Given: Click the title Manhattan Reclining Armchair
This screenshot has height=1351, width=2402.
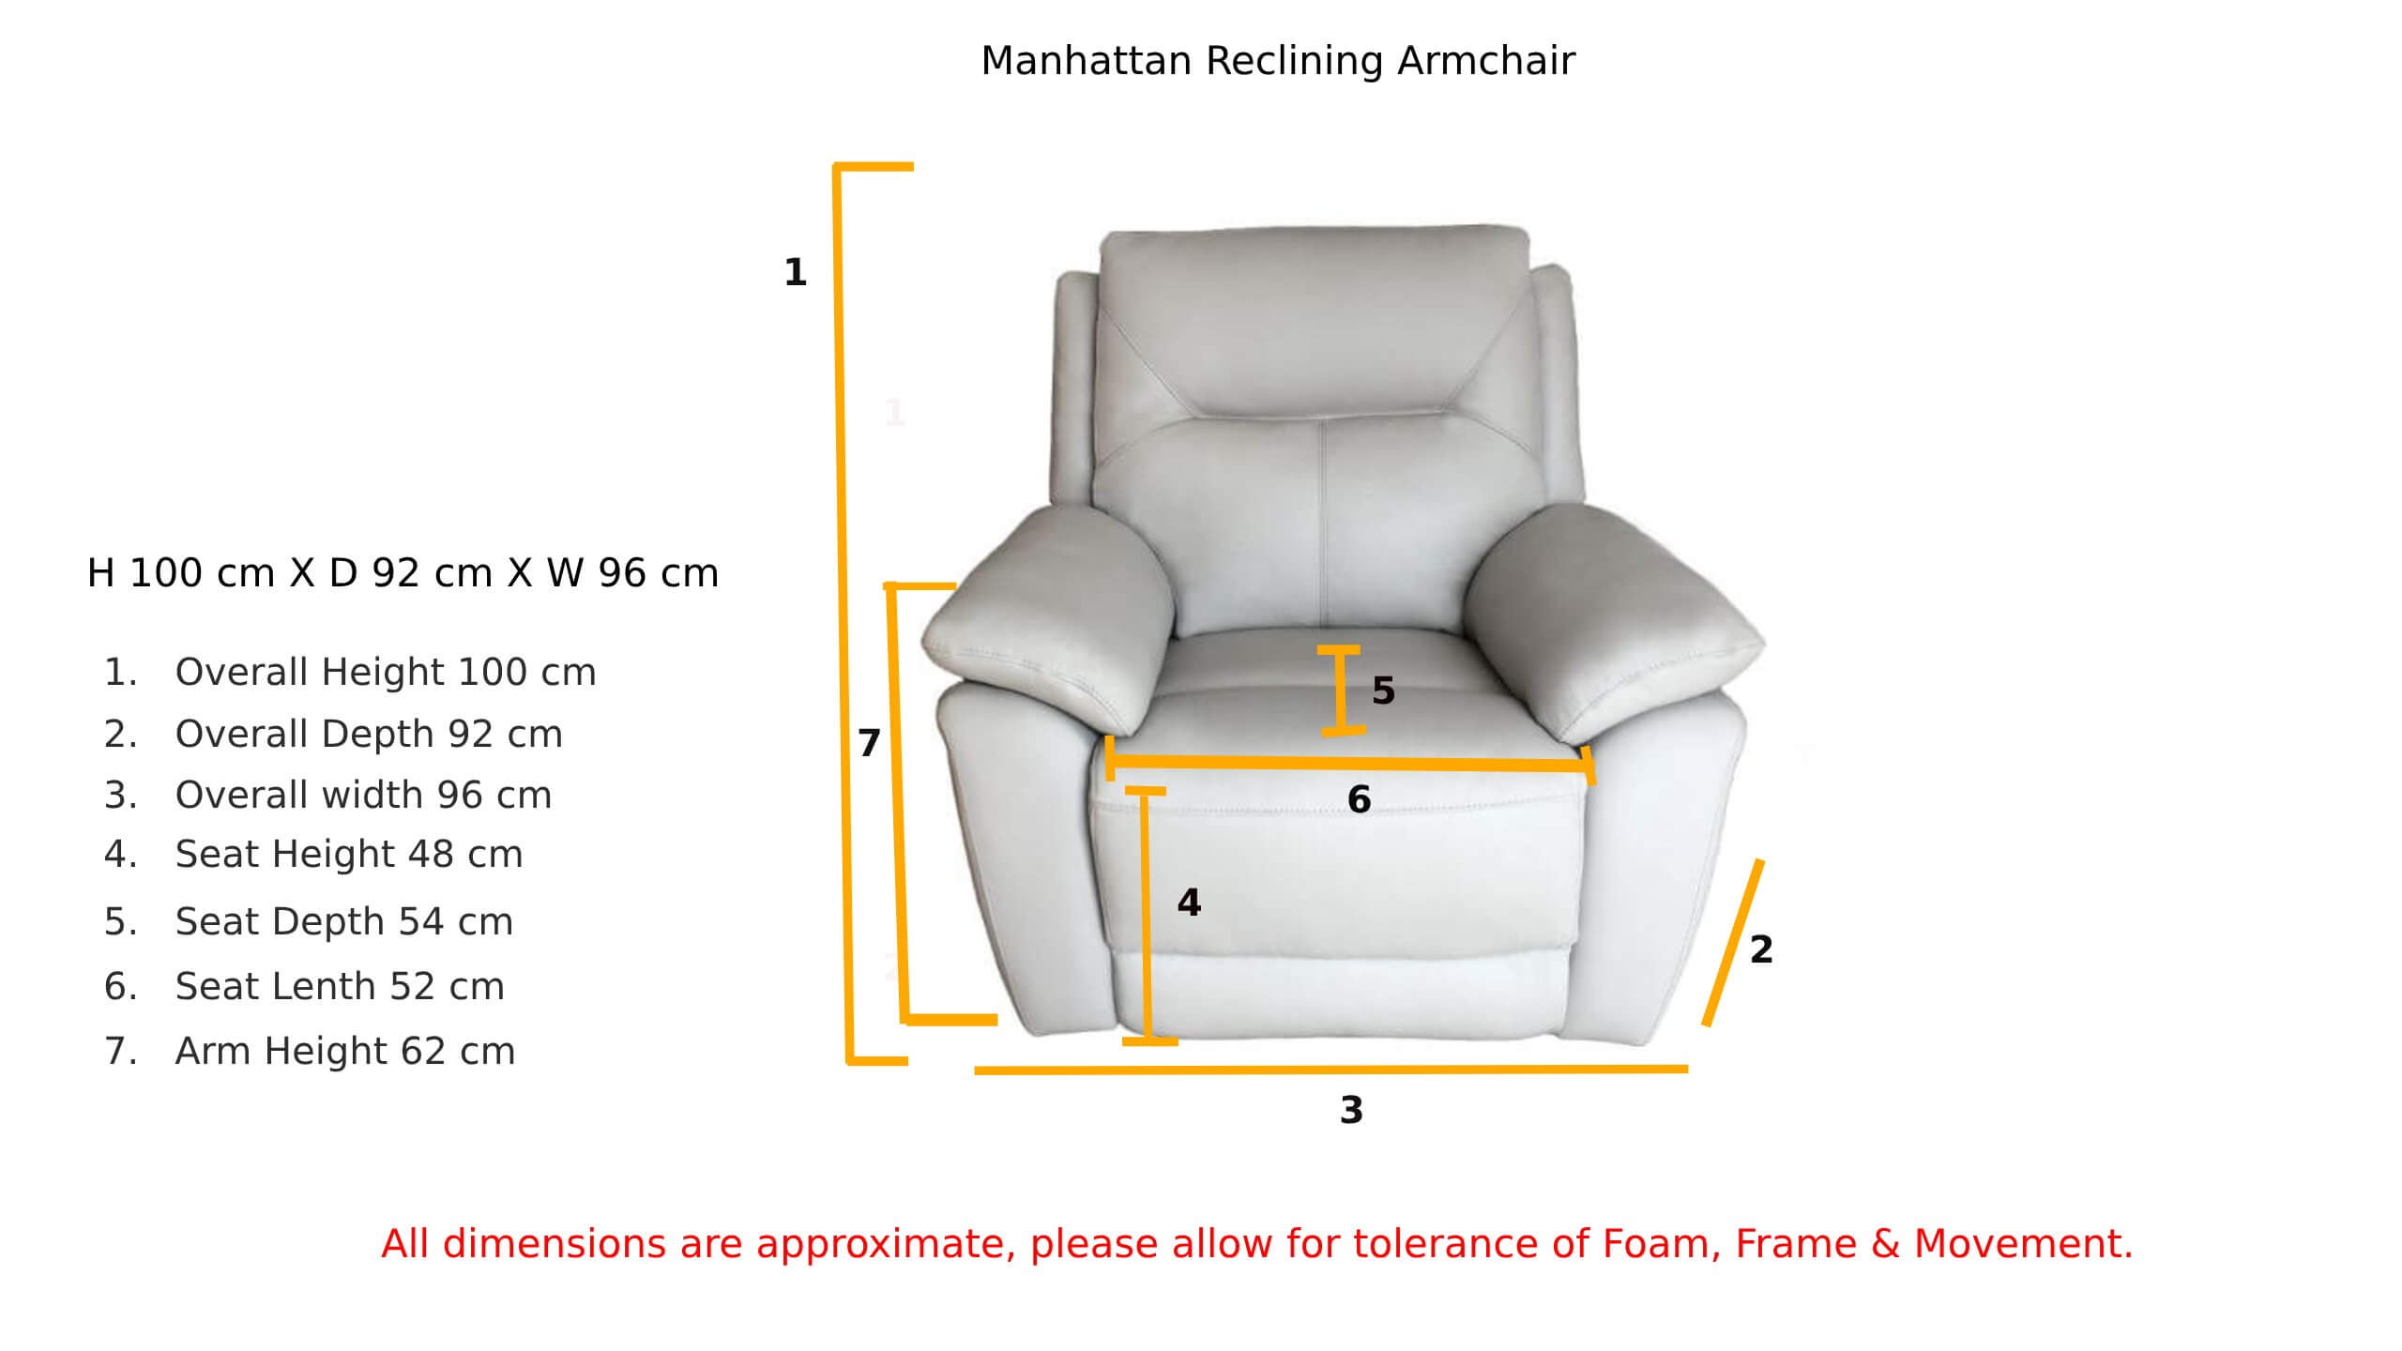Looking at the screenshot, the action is point(1278,61).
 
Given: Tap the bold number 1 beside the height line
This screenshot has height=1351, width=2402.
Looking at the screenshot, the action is point(796,272).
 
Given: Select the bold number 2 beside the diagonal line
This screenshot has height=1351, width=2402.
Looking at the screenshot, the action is point(1761,949).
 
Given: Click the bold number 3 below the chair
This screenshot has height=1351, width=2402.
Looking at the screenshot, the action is point(1351,1110).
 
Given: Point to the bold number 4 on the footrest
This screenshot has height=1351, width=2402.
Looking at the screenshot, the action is point(1189,903).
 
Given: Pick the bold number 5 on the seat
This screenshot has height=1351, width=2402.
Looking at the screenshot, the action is point(1384,691).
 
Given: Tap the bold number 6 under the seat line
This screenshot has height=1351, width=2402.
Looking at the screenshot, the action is point(1359,799).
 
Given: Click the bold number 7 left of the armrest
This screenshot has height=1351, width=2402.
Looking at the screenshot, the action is point(869,743).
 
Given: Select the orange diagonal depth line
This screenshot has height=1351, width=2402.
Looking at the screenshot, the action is point(1733,942).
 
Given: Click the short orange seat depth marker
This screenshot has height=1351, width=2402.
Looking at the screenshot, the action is point(1341,690).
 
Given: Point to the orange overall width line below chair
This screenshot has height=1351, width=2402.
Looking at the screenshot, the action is point(1331,1069).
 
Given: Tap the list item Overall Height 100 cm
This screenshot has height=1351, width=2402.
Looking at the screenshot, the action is point(386,672).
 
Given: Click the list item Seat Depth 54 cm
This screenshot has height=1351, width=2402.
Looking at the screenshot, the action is point(344,921).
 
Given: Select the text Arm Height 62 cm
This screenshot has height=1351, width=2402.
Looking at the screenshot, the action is point(345,1051).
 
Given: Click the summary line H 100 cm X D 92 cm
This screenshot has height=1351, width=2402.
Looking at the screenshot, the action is point(290,573).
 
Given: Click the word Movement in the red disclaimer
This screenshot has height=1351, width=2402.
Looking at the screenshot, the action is point(2024,1244).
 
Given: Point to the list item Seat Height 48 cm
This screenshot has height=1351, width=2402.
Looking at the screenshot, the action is point(349,854).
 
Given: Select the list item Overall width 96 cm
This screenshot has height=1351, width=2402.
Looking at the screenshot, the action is point(363,795).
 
